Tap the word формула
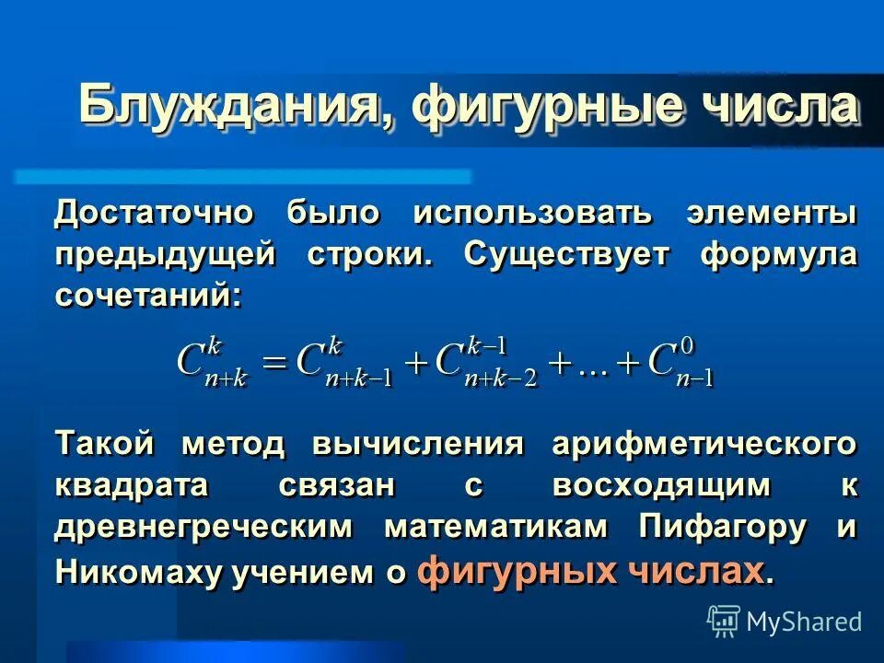click(x=778, y=254)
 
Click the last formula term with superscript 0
click(x=681, y=362)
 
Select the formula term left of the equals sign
click(x=213, y=362)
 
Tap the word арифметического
click(x=704, y=445)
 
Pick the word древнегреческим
click(x=204, y=527)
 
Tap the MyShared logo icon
click(x=724, y=620)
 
